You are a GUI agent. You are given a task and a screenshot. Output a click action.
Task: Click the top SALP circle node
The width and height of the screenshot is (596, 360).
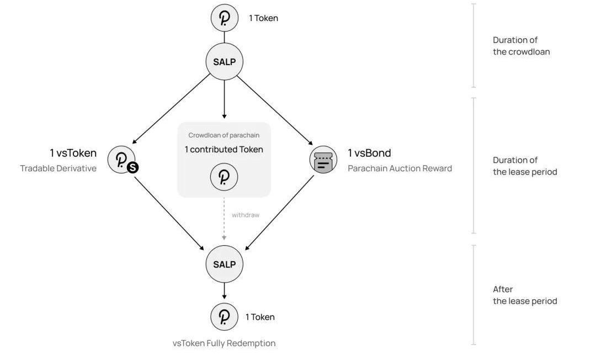pyautogui.click(x=225, y=61)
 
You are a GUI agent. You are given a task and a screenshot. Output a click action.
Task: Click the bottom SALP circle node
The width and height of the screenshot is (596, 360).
pyautogui.click(x=225, y=264)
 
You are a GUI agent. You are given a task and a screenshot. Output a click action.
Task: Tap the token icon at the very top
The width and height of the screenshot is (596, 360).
pyautogui.click(x=225, y=18)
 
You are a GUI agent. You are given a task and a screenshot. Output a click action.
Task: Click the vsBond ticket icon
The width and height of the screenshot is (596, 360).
pyautogui.click(x=323, y=160)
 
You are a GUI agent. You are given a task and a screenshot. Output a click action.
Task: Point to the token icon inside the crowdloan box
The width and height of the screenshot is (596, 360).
pyautogui.click(x=224, y=177)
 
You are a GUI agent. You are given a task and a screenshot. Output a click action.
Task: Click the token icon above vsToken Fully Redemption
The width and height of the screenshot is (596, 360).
pyautogui.click(x=224, y=317)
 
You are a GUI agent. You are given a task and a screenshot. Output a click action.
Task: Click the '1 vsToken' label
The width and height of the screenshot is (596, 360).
pyautogui.click(x=73, y=153)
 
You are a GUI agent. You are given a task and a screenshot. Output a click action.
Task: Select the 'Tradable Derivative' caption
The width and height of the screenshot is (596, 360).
pyautogui.click(x=58, y=168)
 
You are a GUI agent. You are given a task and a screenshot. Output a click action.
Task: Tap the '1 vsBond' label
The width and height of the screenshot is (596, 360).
pyautogui.click(x=369, y=153)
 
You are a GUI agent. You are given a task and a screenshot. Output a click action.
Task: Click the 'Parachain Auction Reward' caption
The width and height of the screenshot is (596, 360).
pyautogui.click(x=400, y=168)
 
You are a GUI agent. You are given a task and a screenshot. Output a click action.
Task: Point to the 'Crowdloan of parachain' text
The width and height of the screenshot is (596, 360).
pyautogui.click(x=223, y=135)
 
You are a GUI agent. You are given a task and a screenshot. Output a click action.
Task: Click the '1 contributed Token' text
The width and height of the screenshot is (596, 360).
pyautogui.click(x=223, y=150)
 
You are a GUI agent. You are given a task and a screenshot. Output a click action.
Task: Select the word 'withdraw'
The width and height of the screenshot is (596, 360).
pyautogui.click(x=245, y=215)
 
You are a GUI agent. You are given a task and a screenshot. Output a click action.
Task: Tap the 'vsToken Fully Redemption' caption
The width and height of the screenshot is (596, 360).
pyautogui.click(x=223, y=343)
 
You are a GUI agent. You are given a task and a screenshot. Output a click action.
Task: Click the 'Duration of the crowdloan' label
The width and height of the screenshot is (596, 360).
pyautogui.click(x=521, y=46)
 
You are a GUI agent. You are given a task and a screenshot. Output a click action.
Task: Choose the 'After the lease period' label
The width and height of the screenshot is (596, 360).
pyautogui.click(x=524, y=295)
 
